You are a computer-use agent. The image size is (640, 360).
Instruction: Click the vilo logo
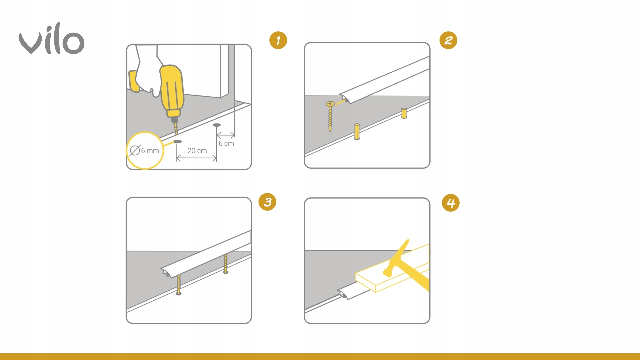tap(51, 39)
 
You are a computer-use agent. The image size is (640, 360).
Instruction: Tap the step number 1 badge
tap(278, 40)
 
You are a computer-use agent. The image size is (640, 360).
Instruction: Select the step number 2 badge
tap(448, 40)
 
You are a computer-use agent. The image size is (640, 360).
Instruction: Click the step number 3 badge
tap(267, 202)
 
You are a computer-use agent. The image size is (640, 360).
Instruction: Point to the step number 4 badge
tap(451, 203)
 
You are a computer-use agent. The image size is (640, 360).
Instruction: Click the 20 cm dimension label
tap(197, 151)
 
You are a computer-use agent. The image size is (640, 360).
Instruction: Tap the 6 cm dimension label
tap(226, 143)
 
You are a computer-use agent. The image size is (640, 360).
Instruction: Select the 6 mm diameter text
tap(150, 151)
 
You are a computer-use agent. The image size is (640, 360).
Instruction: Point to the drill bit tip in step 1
tap(177, 133)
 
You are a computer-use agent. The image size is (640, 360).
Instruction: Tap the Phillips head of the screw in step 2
tap(330, 104)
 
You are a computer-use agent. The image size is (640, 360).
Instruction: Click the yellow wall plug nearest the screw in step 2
tap(357, 132)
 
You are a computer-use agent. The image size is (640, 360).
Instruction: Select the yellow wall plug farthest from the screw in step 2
tap(404, 113)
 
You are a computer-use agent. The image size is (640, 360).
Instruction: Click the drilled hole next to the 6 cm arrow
tap(217, 125)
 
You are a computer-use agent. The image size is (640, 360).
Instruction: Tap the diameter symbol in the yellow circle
tap(135, 151)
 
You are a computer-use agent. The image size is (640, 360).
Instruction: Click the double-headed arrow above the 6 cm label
tap(226, 135)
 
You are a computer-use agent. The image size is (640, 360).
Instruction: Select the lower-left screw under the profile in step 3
tap(179, 285)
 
